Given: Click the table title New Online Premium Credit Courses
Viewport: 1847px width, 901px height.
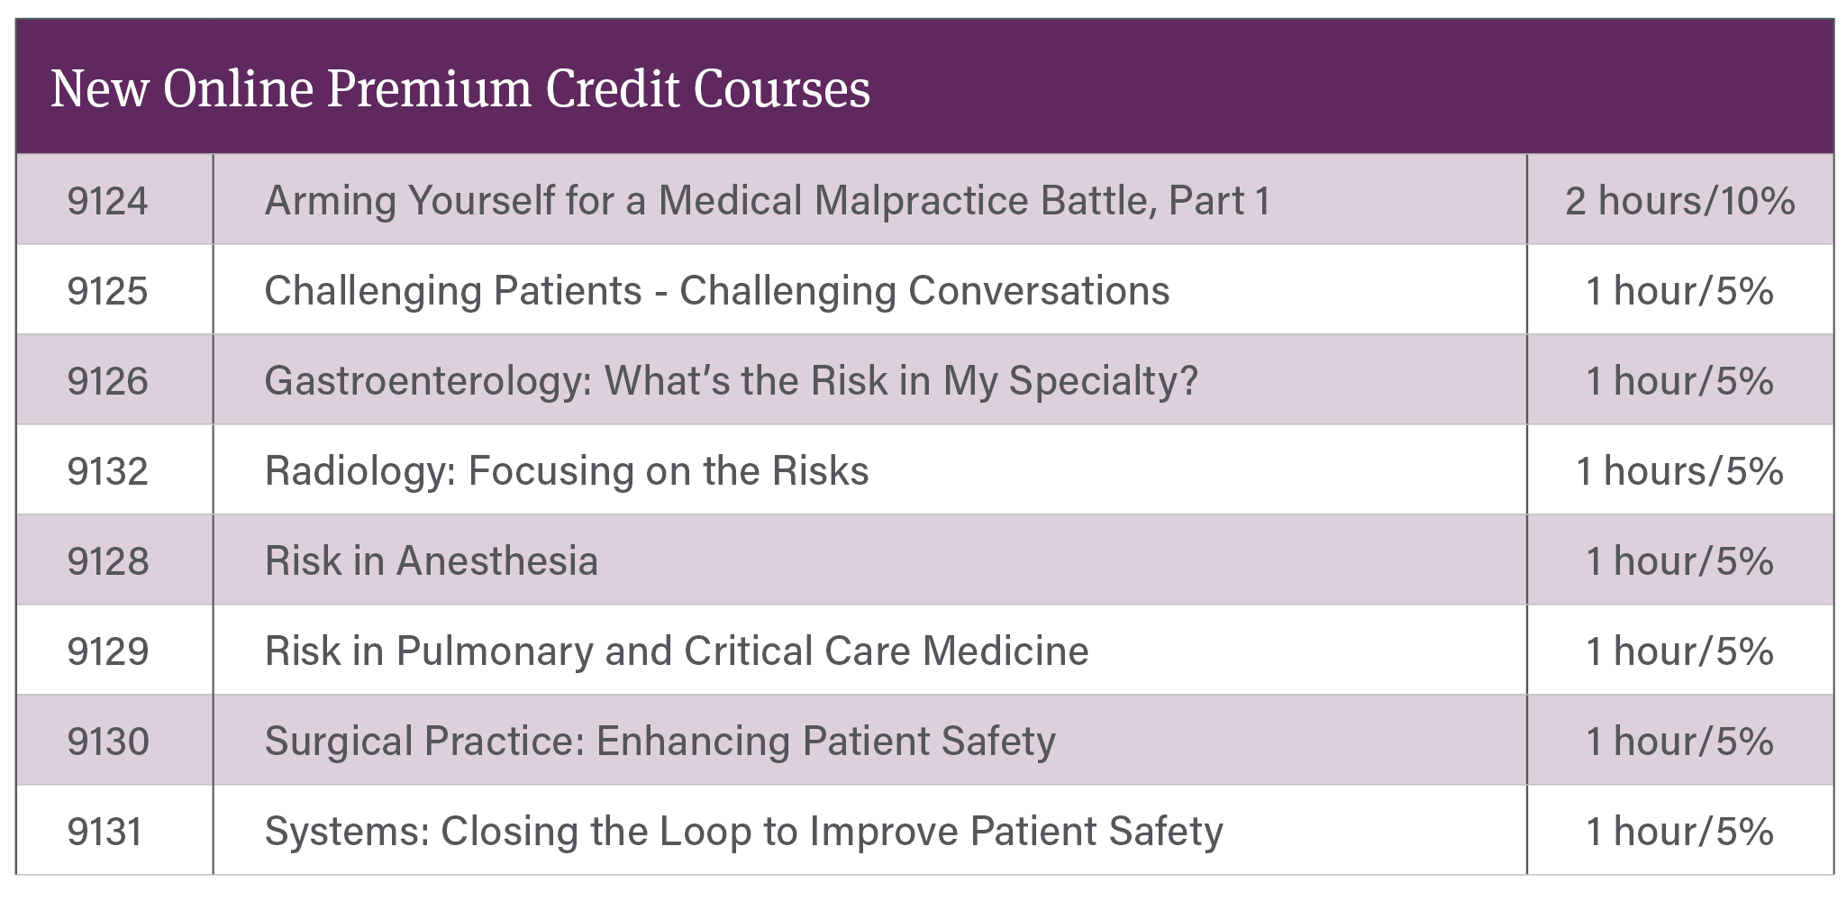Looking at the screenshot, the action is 460,89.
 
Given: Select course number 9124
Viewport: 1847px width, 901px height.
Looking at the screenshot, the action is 107,200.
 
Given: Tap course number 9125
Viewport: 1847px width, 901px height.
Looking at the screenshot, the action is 107,290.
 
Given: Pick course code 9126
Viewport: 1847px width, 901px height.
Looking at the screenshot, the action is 107,380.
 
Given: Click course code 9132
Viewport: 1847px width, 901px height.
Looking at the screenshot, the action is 107,470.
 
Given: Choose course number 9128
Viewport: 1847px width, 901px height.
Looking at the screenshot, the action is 107,560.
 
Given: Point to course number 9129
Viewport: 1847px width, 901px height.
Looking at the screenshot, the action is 107,651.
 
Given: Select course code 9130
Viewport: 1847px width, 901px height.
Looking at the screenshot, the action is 107,741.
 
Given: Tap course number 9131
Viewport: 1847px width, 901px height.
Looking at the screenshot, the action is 105,831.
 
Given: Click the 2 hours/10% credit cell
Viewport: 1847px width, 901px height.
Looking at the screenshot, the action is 1680,200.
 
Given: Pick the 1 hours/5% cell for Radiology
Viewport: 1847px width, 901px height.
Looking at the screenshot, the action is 1680,470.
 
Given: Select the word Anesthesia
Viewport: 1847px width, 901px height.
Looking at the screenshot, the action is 497,560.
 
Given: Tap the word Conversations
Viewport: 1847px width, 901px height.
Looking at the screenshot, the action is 1039,290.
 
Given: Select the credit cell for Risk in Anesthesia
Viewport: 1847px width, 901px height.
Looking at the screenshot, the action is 1680,560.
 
